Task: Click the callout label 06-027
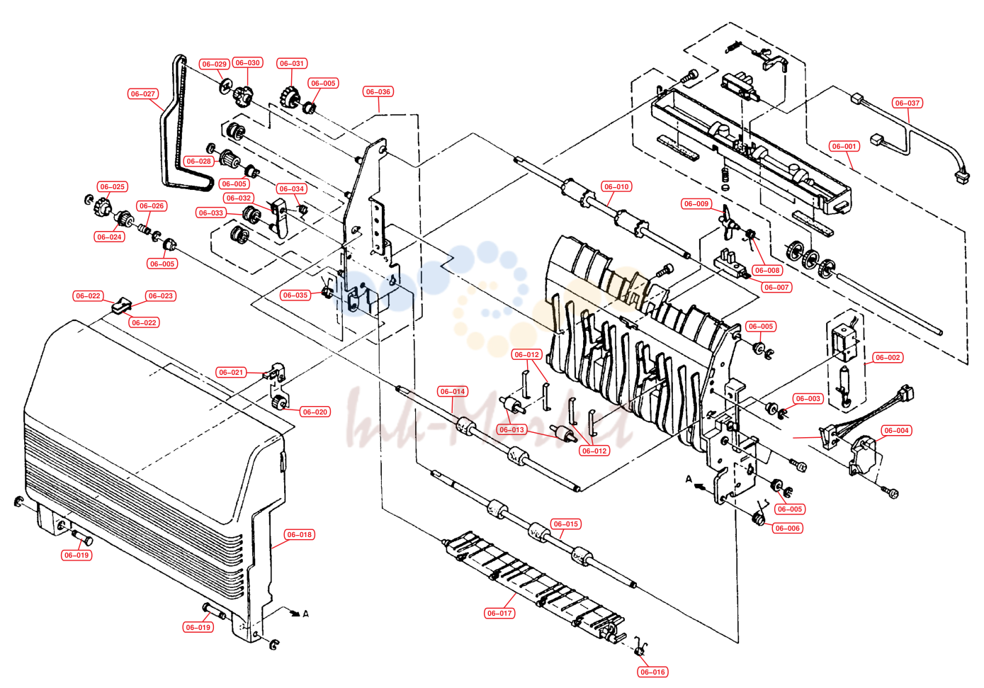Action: (143, 94)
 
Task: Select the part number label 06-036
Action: (378, 91)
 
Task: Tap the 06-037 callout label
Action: (907, 103)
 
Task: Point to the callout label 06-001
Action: (844, 146)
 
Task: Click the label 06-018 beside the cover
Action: (299, 534)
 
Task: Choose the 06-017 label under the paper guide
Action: (499, 613)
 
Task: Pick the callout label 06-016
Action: (652, 672)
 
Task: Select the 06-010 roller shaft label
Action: (616, 186)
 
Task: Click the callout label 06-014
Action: (453, 391)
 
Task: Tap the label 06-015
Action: (566, 524)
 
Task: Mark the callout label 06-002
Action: (888, 357)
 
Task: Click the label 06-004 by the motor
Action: (896, 430)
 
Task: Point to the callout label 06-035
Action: (295, 295)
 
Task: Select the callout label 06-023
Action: (161, 295)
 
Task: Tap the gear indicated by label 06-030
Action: (243, 96)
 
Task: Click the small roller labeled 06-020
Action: (278, 402)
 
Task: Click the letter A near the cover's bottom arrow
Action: (306, 614)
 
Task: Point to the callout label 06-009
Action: (696, 203)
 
